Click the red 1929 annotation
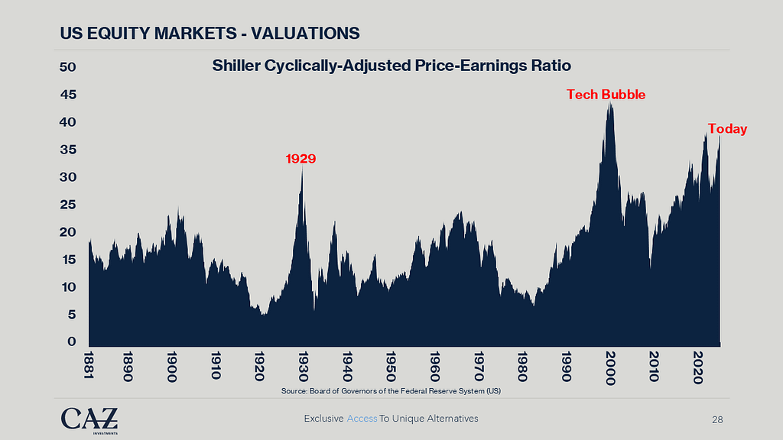tap(301, 159)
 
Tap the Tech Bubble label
tap(606, 95)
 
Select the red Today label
tap(727, 129)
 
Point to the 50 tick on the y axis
tap(67, 67)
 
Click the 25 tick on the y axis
tap(67, 205)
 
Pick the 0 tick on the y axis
tap(72, 341)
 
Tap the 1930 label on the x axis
tap(304, 364)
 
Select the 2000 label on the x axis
tap(610, 366)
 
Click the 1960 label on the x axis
tap(434, 364)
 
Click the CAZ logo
tap(89, 419)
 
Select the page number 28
tap(717, 419)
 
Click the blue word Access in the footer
tap(362, 419)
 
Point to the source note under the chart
tap(391, 392)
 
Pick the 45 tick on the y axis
tap(67, 95)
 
